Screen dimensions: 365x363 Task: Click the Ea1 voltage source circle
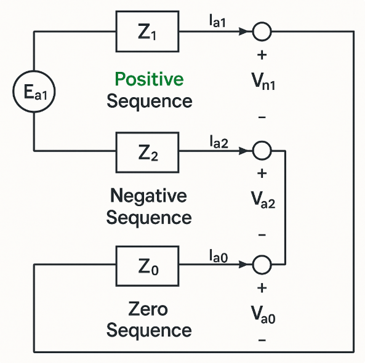[x=34, y=71]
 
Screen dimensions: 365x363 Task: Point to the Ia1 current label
[x=217, y=21]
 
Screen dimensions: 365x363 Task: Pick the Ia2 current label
[x=219, y=142]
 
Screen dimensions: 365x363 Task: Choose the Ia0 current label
[x=219, y=256]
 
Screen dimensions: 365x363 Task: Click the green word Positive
[x=149, y=79]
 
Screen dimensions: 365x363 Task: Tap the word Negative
[x=148, y=196]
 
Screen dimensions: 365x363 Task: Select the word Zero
[x=148, y=309]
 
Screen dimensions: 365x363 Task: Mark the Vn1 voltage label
[x=263, y=81]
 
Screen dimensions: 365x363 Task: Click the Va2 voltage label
[x=263, y=199]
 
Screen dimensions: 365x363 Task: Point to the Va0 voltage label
[x=263, y=315]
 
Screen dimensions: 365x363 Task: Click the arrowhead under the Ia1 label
[x=244, y=31]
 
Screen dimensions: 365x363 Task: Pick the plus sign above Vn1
[x=262, y=55]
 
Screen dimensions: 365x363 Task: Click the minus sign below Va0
[x=262, y=340]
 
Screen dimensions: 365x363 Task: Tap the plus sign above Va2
[x=262, y=174]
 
